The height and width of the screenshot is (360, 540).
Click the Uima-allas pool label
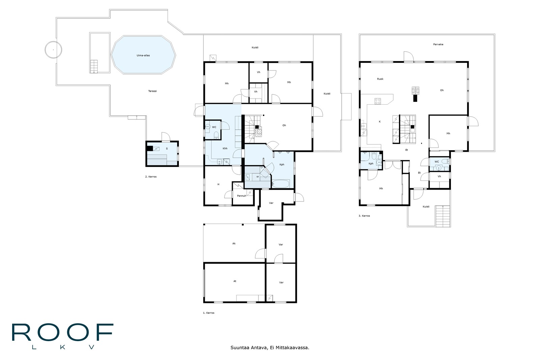click(x=143, y=55)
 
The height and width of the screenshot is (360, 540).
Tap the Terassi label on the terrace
click(x=152, y=91)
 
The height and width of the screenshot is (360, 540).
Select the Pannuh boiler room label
click(x=242, y=196)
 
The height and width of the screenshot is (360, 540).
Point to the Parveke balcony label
click(x=438, y=44)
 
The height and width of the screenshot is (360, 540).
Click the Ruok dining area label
click(x=380, y=79)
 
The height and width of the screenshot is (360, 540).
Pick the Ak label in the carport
click(x=234, y=243)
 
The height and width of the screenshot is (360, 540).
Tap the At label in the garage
click(x=235, y=281)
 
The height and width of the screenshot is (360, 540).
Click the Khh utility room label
click(x=225, y=148)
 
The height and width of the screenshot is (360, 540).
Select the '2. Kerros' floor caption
click(x=151, y=177)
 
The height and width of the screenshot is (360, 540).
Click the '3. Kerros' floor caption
click(x=364, y=216)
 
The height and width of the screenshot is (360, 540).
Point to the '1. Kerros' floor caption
click(x=209, y=313)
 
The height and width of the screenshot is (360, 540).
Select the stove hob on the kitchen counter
click(x=378, y=101)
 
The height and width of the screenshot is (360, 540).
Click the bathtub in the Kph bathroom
click(x=280, y=184)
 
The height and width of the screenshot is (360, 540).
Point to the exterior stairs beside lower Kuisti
click(x=442, y=216)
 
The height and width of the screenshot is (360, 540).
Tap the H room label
click(x=218, y=184)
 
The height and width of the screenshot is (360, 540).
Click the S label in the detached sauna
click(x=167, y=149)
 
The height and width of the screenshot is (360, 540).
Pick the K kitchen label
click(x=380, y=122)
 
